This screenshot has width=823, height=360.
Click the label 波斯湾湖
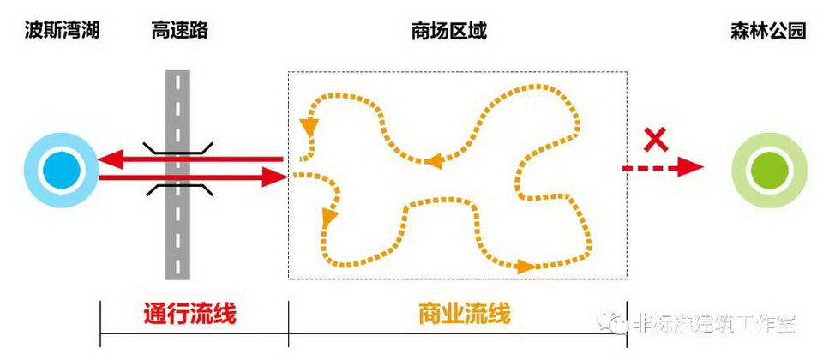[x=62, y=31]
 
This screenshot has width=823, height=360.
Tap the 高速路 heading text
[x=179, y=31]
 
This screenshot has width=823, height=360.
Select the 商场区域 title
[x=449, y=31]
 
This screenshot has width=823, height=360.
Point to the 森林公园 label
[x=768, y=31]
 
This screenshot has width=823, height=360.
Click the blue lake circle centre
[x=62, y=170]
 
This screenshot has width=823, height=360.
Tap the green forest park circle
[x=770, y=170]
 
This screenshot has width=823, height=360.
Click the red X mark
[x=656, y=140]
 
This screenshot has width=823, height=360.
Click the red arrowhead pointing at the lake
[x=111, y=159]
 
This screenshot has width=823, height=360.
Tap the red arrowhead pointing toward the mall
[x=275, y=177]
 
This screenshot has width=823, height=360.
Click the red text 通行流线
[x=190, y=315]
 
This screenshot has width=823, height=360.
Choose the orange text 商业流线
[x=465, y=315]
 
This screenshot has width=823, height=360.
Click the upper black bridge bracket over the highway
[x=177, y=148]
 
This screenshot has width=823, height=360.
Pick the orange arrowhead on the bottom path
[x=525, y=266]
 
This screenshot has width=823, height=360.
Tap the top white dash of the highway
[x=178, y=83]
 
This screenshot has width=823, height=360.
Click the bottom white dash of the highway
[x=178, y=268]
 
